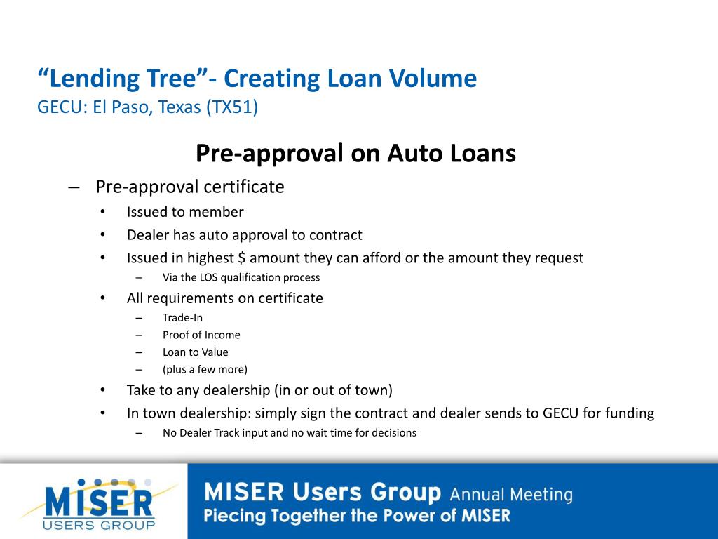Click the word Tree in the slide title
coord(171,79)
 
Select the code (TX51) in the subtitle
coord(232,107)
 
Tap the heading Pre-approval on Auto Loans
coord(355,153)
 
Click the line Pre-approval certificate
coord(190,187)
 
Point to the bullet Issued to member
coord(185,212)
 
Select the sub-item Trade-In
coord(182,317)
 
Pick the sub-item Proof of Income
coord(201,335)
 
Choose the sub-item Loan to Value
coord(195,352)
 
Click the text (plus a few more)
coord(205,369)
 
